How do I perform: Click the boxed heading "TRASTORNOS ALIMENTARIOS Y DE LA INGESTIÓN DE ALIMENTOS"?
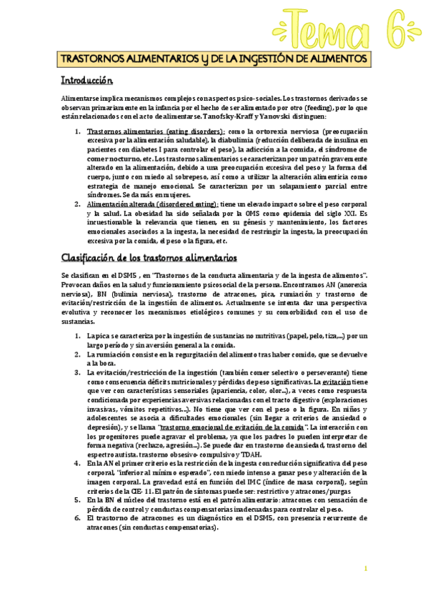tap(214, 58)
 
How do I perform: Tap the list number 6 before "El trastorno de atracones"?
tap(77, 517)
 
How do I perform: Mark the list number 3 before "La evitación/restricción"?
tap(77, 372)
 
